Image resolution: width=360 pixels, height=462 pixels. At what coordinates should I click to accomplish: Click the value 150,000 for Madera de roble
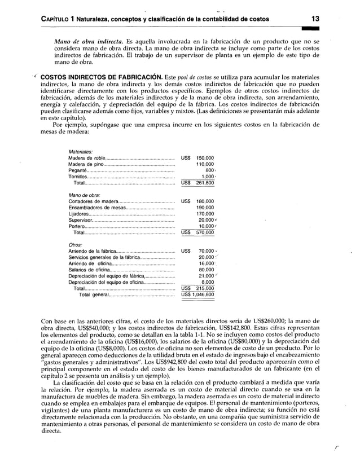205,158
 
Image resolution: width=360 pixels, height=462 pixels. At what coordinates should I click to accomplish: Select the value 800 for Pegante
209,170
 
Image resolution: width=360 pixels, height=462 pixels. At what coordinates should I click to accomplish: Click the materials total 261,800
205,183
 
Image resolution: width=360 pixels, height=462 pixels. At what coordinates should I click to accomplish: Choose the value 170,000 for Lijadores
205,214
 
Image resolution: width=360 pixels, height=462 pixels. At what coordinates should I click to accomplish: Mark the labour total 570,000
205,232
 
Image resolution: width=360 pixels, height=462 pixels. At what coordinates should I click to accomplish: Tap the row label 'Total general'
94,294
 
